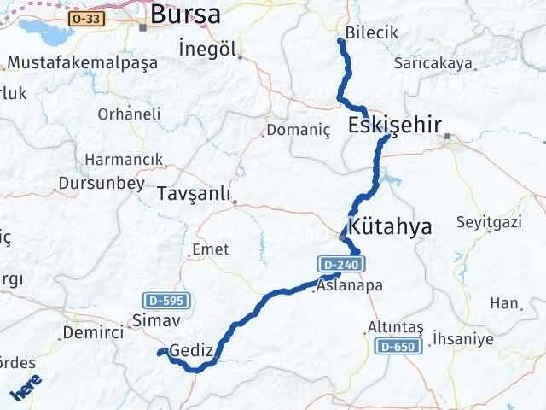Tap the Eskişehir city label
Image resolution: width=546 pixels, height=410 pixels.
pyautogui.click(x=395, y=126)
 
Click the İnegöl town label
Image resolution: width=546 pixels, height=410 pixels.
pyautogui.click(x=208, y=49)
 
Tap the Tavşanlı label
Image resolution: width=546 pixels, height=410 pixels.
pyautogui.click(x=195, y=195)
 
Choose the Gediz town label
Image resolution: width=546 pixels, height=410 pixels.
pyautogui.click(x=189, y=350)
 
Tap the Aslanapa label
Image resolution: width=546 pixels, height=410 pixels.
pyautogui.click(x=349, y=286)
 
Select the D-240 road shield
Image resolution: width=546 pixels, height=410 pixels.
pyautogui.click(x=343, y=264)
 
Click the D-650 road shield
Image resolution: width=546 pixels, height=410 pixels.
pyautogui.click(x=398, y=346)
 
